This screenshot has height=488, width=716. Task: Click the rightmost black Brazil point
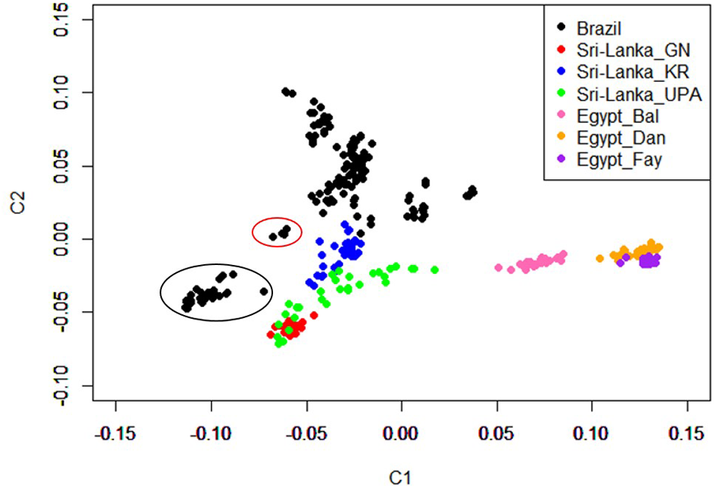tap(474, 190)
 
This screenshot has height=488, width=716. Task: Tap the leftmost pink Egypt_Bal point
tap(499, 267)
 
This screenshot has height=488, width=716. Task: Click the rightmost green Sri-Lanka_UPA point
tap(435, 270)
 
